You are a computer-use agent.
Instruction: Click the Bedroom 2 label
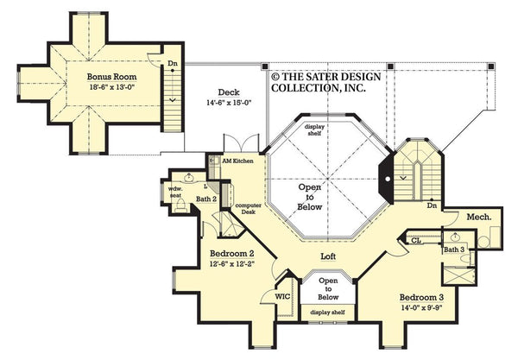click(x=232, y=254)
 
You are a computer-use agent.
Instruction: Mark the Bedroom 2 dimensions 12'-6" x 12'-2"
click(x=232, y=265)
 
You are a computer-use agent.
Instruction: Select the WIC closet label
click(x=282, y=296)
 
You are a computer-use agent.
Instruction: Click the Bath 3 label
click(x=454, y=250)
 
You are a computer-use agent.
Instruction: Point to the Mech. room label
click(x=479, y=218)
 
